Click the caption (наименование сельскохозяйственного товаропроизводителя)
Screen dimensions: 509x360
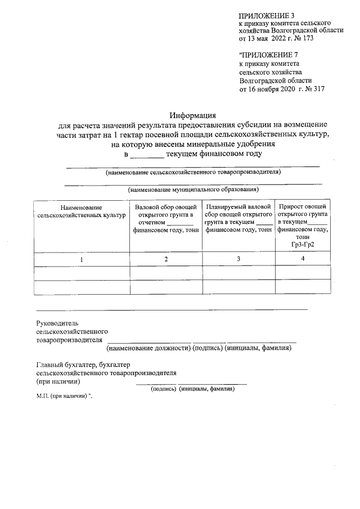[x=193, y=172]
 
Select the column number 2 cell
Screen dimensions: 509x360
[x=165, y=259]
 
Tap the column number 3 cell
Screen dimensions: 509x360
[x=238, y=259]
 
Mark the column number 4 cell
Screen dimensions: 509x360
[x=303, y=259]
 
